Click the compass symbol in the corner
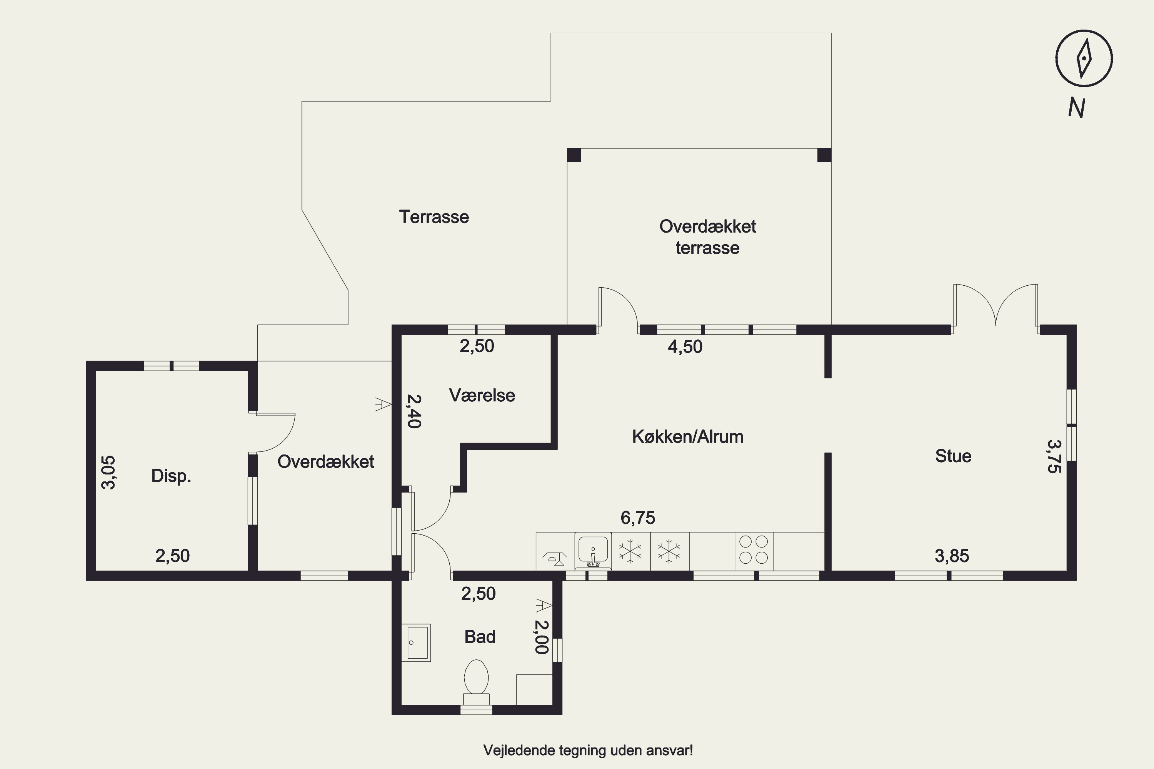pyautogui.click(x=1084, y=58)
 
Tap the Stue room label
pyautogui.click(x=953, y=456)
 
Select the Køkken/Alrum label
pyautogui.click(x=687, y=436)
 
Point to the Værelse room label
pyautogui.click(x=482, y=395)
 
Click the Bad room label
pyautogui.click(x=480, y=637)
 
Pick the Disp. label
pyautogui.click(x=171, y=476)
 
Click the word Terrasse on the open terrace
pyautogui.click(x=434, y=217)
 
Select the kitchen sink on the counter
pyautogui.click(x=593, y=550)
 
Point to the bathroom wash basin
pyautogui.click(x=415, y=642)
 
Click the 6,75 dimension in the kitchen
pyautogui.click(x=638, y=518)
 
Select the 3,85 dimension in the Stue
pyautogui.click(x=952, y=556)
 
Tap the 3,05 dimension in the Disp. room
pyautogui.click(x=108, y=472)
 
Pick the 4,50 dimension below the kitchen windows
pyautogui.click(x=685, y=347)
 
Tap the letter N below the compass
pyautogui.click(x=1076, y=107)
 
